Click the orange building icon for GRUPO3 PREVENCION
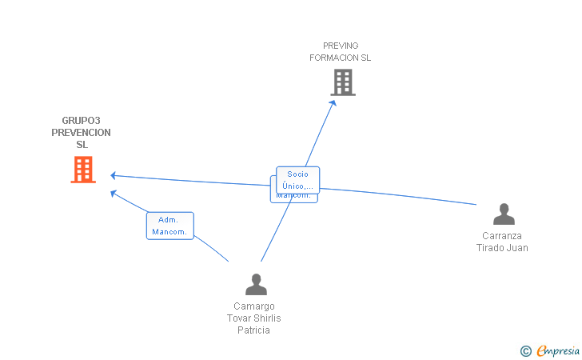pyautogui.click(x=83, y=170)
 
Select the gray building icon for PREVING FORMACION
pyautogui.click(x=342, y=82)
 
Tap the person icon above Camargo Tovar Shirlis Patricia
pyautogui.click(x=256, y=285)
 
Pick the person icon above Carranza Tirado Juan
pyautogui.click(x=504, y=214)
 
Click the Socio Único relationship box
pyautogui.click(x=297, y=179)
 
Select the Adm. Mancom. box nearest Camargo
pyautogui.click(x=169, y=226)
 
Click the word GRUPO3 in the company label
pyautogui.click(x=82, y=121)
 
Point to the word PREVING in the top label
pyautogui.click(x=341, y=46)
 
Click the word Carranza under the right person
pyautogui.click(x=502, y=236)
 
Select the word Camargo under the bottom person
pyautogui.click(x=254, y=306)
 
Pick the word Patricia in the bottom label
pyautogui.click(x=253, y=330)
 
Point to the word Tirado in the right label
pyautogui.click(x=491, y=248)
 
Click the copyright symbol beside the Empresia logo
pyautogui.click(x=525, y=350)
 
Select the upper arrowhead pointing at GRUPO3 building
pyautogui.click(x=114, y=175)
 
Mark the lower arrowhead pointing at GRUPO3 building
pyautogui.click(x=114, y=192)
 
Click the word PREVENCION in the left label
pyautogui.click(x=82, y=133)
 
